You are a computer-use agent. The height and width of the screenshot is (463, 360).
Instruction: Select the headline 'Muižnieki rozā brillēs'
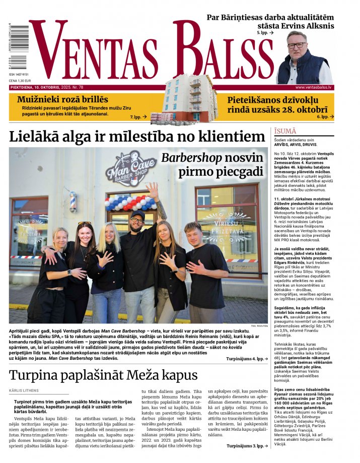coord(62,99)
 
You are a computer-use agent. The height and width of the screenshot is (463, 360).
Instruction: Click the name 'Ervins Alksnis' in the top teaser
coord(303,26)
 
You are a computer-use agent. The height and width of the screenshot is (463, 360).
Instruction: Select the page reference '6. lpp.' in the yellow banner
coord(323,116)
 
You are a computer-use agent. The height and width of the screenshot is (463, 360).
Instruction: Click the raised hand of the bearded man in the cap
coord(153,190)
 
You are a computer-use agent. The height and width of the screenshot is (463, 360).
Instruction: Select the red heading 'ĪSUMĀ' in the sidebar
coord(285,131)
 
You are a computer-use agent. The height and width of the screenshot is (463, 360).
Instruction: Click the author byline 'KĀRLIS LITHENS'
coord(24,391)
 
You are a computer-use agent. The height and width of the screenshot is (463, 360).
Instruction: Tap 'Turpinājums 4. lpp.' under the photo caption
coord(246,359)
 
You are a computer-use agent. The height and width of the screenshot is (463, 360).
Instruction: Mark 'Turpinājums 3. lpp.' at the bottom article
coord(246,446)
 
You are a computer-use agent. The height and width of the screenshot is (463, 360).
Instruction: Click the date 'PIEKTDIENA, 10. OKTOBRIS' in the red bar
coord(39,87)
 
